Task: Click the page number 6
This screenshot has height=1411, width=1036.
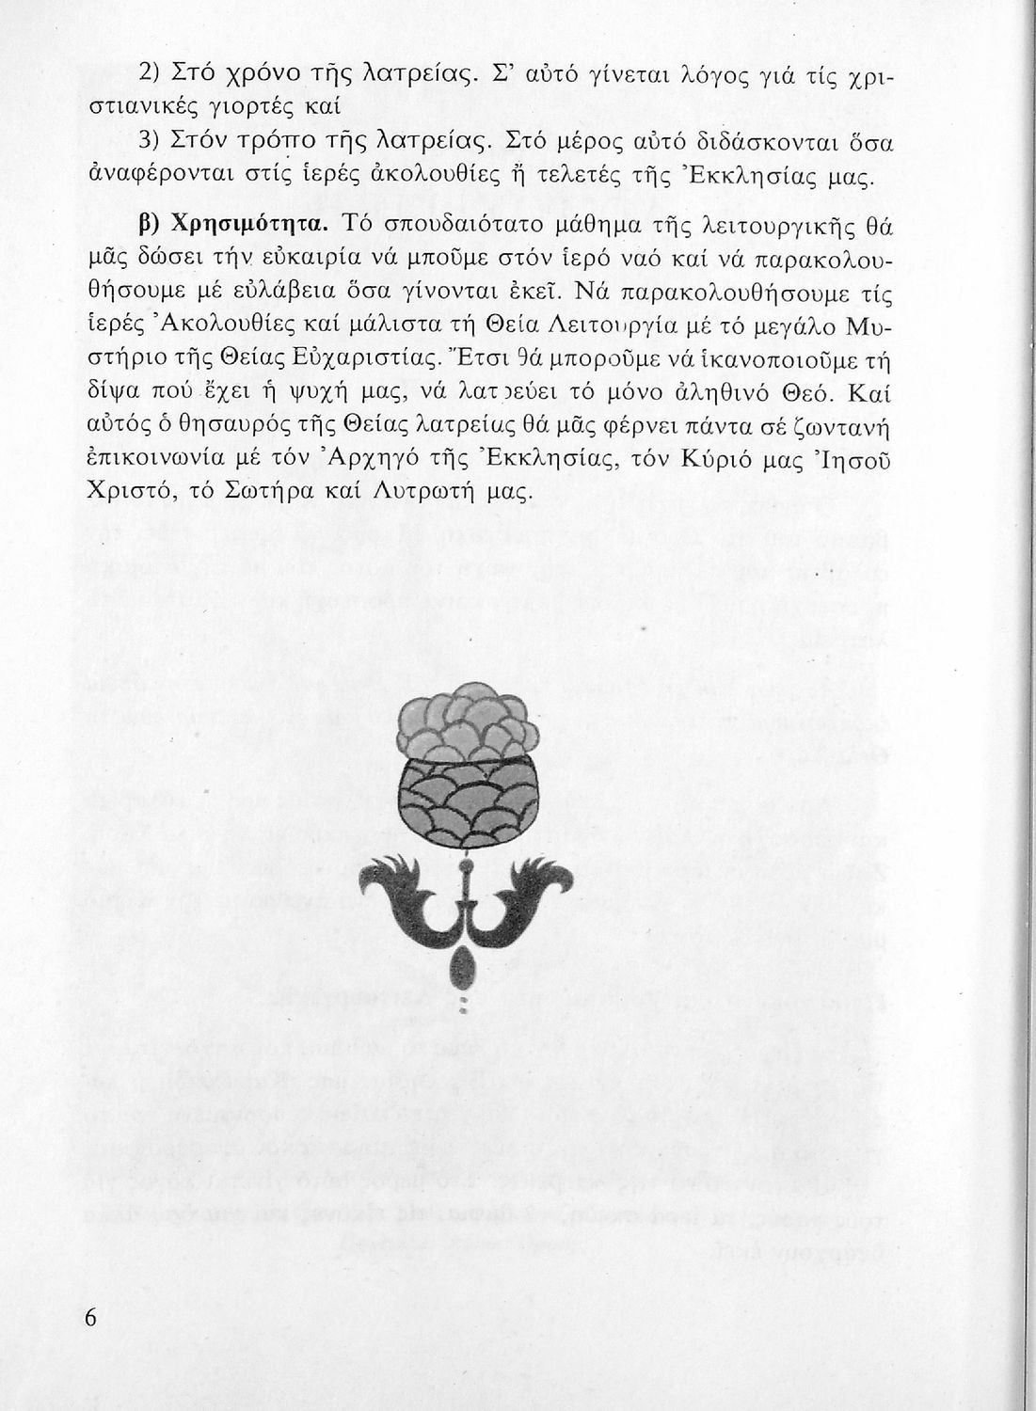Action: [x=90, y=1317]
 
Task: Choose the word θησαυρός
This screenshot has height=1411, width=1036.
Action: [x=231, y=425]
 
